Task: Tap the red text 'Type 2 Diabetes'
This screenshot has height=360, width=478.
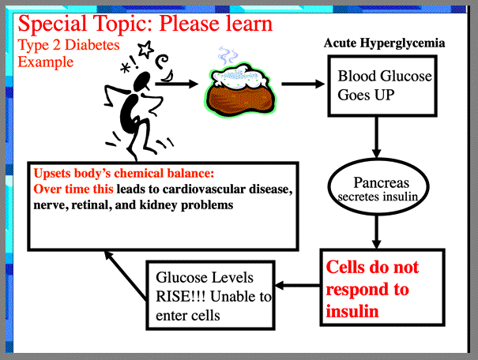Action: pos(69,45)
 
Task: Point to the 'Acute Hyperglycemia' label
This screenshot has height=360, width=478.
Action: pos(384,41)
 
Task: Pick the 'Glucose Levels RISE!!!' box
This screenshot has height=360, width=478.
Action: pos(213,295)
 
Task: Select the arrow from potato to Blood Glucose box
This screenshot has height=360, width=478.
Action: pos(303,84)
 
